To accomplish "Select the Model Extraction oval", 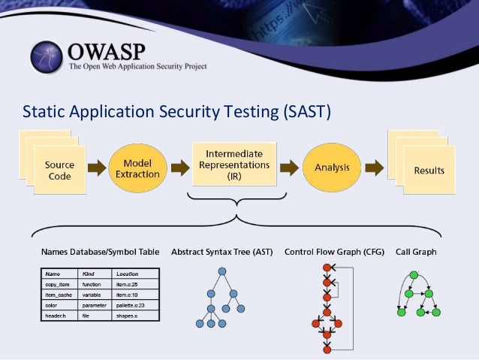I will click(x=137, y=168).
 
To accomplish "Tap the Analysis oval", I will click(x=332, y=166).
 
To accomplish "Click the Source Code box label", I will click(x=59, y=170).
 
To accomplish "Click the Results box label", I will click(x=429, y=171).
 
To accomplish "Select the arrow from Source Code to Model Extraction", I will click(x=96, y=168).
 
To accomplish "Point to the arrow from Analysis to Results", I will click(x=374, y=167).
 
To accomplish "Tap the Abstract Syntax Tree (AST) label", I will click(x=222, y=252).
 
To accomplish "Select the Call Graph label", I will click(x=416, y=252).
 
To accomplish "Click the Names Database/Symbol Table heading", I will click(x=100, y=252).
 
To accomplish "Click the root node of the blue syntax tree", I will click(x=222, y=272).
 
